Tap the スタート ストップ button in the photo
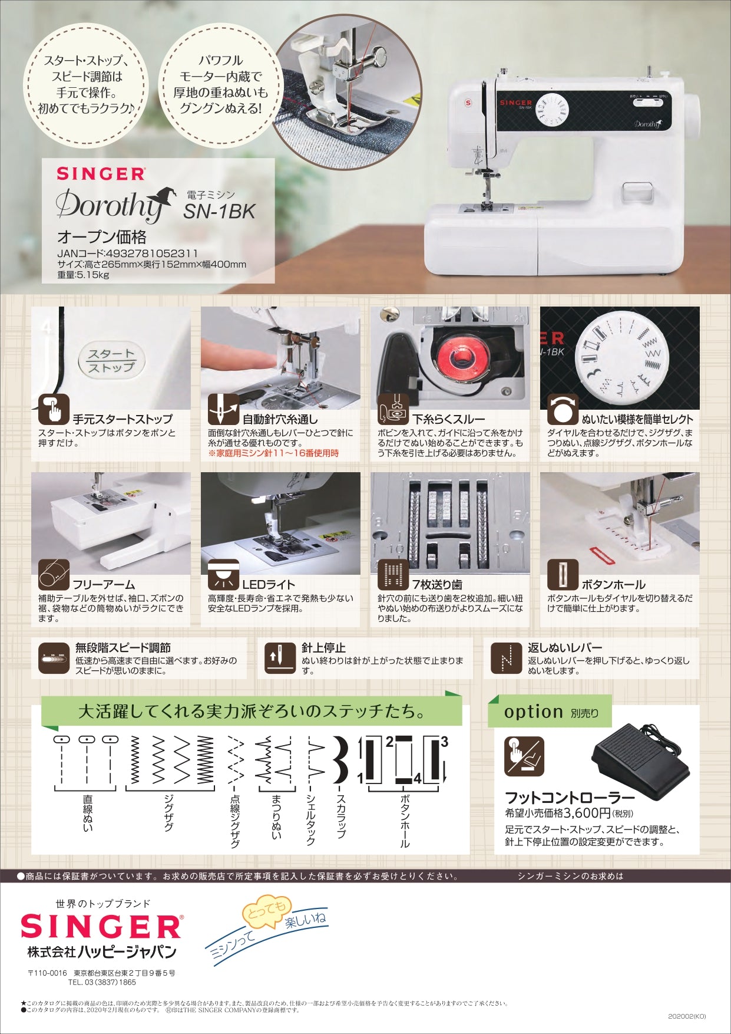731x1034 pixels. click(x=111, y=360)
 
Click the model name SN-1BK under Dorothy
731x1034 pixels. click(x=219, y=211)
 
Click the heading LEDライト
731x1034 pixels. click(x=269, y=584)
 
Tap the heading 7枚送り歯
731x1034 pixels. click(x=436, y=584)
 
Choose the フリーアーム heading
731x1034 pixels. click(x=104, y=584)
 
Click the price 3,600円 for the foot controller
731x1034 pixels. click(x=587, y=813)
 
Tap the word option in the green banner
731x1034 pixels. click(x=533, y=712)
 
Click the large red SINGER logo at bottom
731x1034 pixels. click(x=101, y=927)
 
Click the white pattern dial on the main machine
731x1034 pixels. click(x=551, y=110)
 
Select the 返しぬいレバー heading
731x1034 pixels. click(x=564, y=647)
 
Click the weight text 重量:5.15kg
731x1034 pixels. click(x=83, y=274)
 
